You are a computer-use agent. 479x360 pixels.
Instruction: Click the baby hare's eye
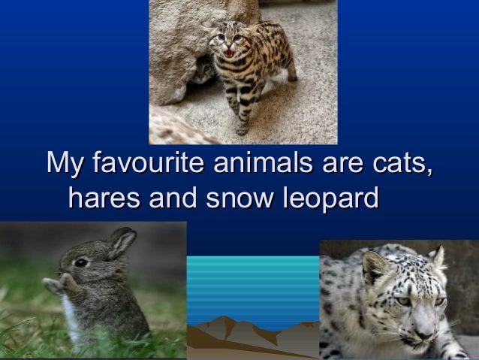click(80, 262)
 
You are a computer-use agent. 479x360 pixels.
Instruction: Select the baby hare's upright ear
click(120, 242)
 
